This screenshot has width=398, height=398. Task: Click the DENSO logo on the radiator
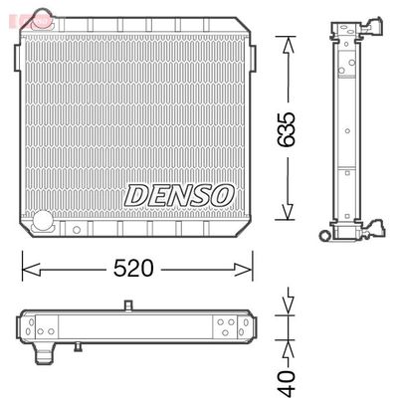click(x=179, y=194)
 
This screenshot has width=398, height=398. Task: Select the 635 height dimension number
click(x=288, y=127)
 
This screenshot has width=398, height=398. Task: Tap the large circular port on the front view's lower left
click(x=42, y=222)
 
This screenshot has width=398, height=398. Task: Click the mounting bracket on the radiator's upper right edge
click(x=252, y=58)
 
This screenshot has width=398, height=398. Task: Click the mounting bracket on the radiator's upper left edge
click(x=15, y=58)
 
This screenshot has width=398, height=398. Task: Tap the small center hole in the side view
click(x=345, y=129)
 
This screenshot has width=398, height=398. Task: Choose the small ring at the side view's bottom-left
click(x=323, y=236)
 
